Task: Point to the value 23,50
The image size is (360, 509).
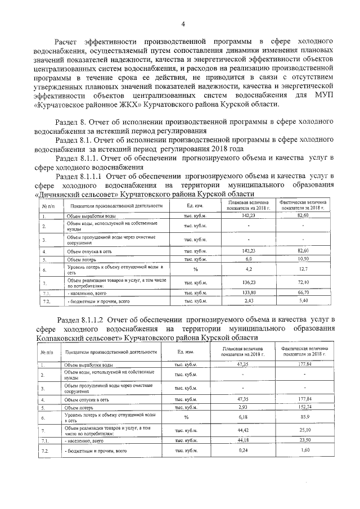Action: (304, 440)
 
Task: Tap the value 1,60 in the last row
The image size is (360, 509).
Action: (304, 451)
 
